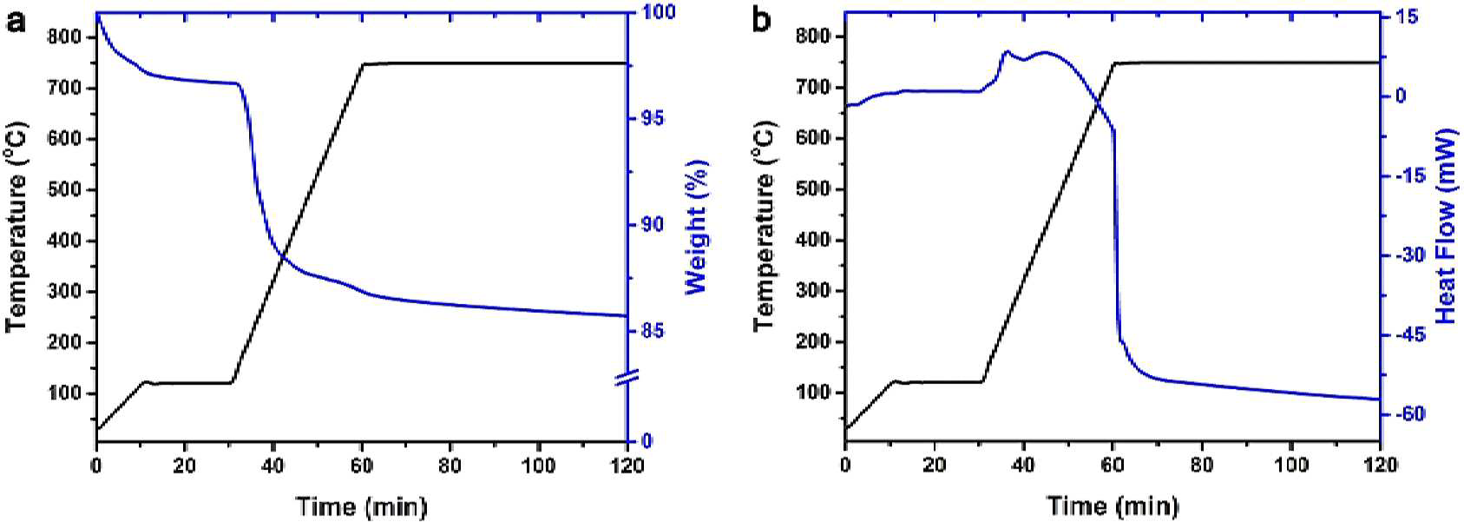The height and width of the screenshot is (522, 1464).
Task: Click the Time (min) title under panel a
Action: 361,505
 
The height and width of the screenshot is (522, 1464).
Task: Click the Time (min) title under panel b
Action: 1113,505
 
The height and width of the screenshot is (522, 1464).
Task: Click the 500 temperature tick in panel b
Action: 815,189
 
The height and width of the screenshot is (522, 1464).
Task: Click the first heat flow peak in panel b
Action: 1007,51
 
